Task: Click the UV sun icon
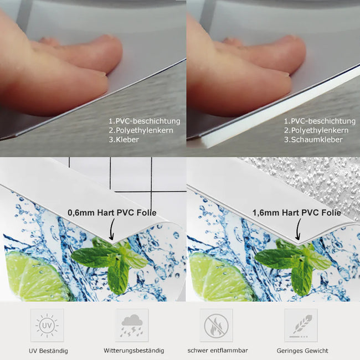(47, 325)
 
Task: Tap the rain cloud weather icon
(132, 325)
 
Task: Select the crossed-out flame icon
(216, 325)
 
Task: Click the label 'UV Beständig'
(48, 351)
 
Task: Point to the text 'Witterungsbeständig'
(133, 351)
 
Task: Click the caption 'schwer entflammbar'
(218, 351)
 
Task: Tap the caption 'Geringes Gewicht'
(302, 351)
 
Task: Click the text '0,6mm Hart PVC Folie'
(112, 213)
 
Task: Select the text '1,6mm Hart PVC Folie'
(297, 213)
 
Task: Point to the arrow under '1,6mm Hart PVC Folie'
(298, 229)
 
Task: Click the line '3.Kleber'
(124, 140)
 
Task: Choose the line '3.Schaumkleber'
(313, 140)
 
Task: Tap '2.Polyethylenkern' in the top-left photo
(141, 130)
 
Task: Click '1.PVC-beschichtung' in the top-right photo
(320, 121)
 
